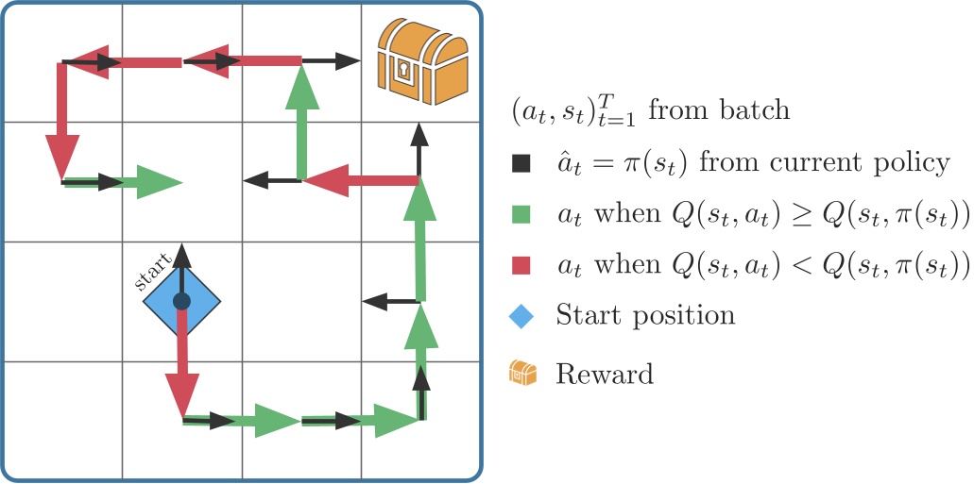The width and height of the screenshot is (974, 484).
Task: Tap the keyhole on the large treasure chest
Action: tap(404, 71)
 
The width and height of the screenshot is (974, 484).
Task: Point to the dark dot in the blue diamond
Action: tap(182, 301)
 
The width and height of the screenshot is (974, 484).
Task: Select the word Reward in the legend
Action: tap(604, 374)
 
